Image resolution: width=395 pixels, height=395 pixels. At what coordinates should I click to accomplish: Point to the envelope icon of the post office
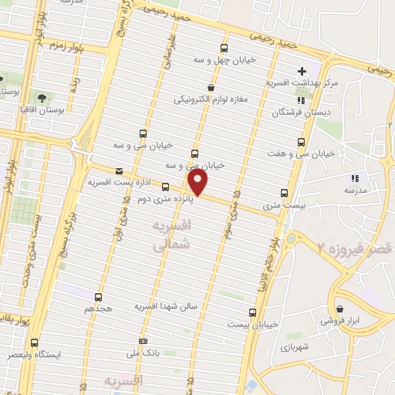(x=118, y=170)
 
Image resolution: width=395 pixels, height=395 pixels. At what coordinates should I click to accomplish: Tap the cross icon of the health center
(x=302, y=71)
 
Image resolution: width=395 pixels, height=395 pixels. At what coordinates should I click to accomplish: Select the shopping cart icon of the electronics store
(x=211, y=88)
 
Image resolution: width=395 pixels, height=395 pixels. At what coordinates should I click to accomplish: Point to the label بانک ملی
(x=143, y=353)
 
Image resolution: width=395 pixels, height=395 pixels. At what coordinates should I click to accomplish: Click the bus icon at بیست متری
(x=284, y=194)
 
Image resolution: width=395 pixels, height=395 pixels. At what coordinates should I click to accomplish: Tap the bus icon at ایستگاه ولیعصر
(x=33, y=343)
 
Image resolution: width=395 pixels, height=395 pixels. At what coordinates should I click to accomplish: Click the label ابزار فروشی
(x=344, y=319)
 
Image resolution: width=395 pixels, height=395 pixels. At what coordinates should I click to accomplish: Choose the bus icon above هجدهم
(x=98, y=296)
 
